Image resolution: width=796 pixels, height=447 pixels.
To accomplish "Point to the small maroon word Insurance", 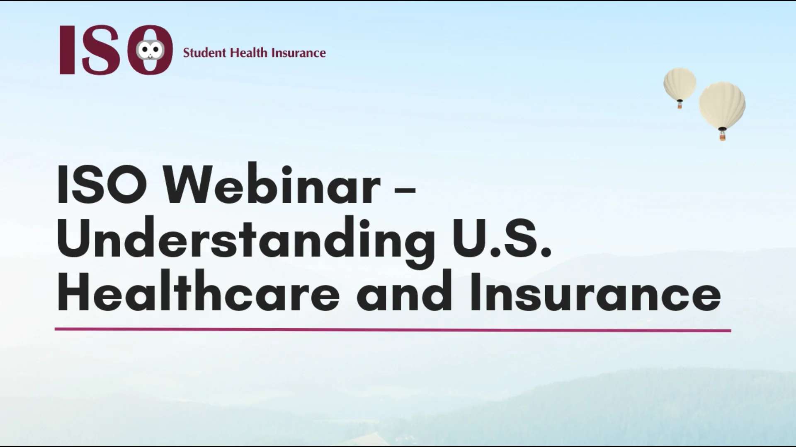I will (298, 53).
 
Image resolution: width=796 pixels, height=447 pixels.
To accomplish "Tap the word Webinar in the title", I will (271, 185).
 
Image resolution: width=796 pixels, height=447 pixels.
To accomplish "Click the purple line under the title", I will (393, 330).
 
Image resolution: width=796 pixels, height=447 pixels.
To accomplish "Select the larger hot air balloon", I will (722, 104).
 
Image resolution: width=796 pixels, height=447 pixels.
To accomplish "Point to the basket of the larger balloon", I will (723, 135).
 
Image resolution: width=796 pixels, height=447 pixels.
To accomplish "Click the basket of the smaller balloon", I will (680, 106).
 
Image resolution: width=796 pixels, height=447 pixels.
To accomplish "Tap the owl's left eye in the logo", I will (145, 50).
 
